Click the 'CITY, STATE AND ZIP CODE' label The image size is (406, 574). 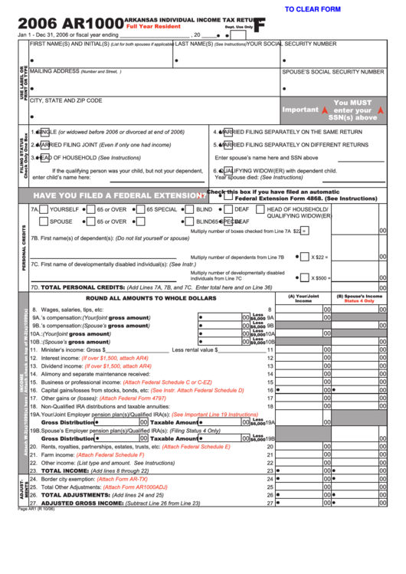(x=66, y=100)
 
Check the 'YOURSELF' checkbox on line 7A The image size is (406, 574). (x=44, y=209)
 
